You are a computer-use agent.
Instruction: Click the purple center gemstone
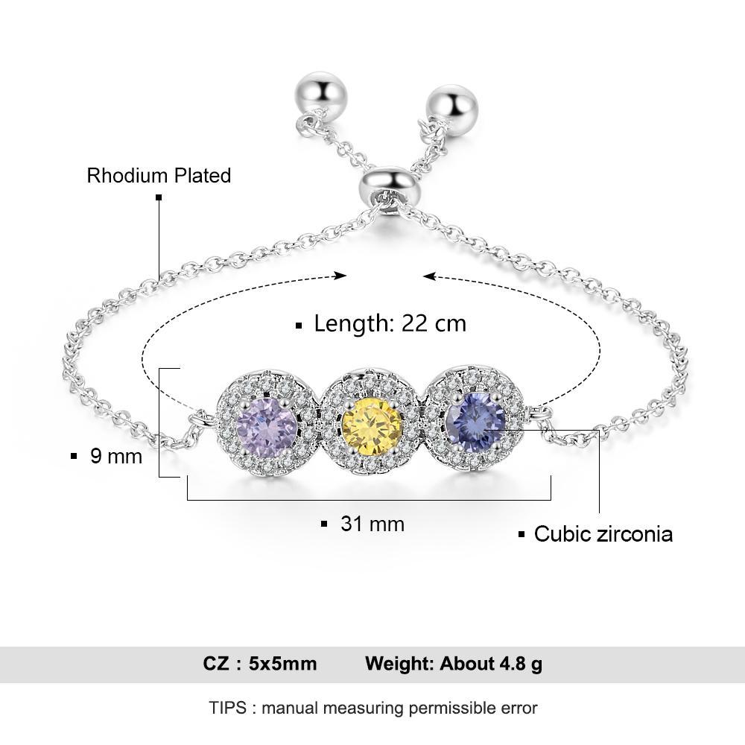tap(266, 427)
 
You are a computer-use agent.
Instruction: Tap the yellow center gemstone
tap(372, 427)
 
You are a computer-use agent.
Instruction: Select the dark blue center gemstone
tap(475, 419)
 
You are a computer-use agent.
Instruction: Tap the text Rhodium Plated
tap(159, 176)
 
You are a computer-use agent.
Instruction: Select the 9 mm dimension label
tap(115, 456)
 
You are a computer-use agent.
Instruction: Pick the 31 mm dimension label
tap(372, 524)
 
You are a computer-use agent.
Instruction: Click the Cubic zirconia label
tap(603, 533)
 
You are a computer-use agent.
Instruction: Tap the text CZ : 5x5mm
tap(259, 664)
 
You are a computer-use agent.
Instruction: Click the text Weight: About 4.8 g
tap(453, 664)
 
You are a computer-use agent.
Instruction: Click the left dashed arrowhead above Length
tap(341, 276)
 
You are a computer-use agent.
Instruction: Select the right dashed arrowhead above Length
tap(428, 276)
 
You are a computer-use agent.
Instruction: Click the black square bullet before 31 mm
tap(324, 524)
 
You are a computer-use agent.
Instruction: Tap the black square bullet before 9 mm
tap(74, 456)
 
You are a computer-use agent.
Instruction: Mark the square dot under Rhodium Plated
tap(158, 197)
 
